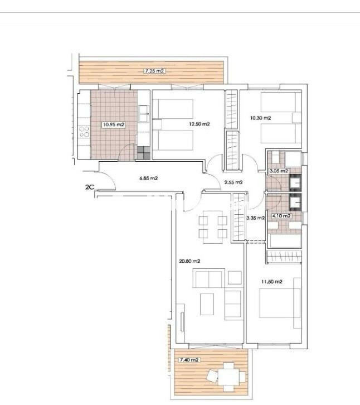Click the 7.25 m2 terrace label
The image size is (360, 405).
click(154, 71)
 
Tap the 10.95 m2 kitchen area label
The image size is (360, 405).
click(113, 125)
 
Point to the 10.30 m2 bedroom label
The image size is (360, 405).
click(260, 118)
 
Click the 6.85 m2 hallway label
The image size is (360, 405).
click(148, 179)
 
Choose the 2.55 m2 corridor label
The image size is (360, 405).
click(233, 182)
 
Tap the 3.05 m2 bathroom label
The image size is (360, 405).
click(279, 171)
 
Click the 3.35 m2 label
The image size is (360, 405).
click(255, 218)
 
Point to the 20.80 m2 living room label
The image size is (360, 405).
click(189, 261)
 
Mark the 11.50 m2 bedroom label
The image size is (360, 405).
click(272, 282)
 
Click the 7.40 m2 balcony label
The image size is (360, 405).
click(187, 360)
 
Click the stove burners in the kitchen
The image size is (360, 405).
click(85, 132)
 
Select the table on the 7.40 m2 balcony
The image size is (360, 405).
click(229, 375)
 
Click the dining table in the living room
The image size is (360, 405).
click(213, 226)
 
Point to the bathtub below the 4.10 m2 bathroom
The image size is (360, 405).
click(285, 240)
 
